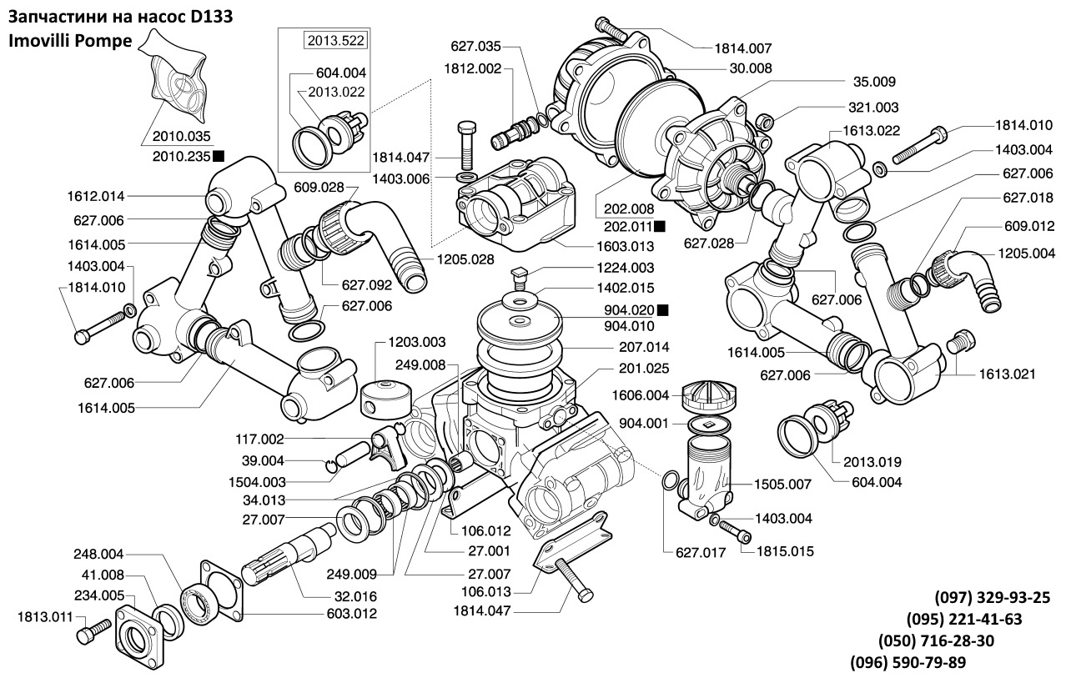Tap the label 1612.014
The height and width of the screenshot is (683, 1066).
pos(96,197)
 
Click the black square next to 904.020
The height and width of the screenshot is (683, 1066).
pos(662,310)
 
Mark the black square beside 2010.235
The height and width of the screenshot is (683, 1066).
pos(219,155)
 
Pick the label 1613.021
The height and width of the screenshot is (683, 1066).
pos(1007,375)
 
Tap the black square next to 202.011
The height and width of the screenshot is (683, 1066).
pos(659,226)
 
